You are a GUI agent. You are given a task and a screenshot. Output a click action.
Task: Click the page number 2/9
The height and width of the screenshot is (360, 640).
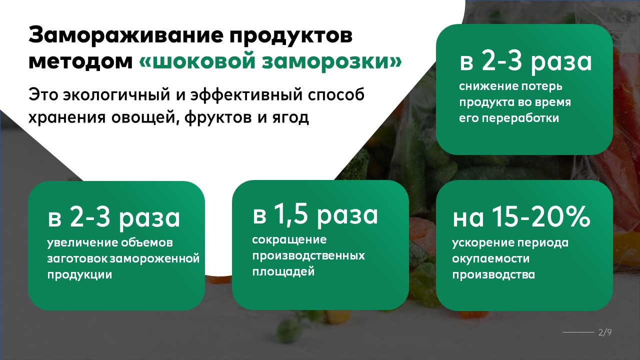pos(604,332)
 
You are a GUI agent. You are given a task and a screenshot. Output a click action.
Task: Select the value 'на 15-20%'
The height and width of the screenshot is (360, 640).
pos(522,218)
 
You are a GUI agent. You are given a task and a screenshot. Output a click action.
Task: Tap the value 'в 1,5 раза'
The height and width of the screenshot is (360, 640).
pos(315,214)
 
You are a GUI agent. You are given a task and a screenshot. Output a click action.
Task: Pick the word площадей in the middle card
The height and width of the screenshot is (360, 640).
pos(283,272)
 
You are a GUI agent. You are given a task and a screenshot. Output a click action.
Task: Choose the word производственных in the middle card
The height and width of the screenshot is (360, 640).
pos(308,256)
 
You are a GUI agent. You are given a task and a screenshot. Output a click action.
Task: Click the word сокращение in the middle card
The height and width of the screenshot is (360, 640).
pos(289,240)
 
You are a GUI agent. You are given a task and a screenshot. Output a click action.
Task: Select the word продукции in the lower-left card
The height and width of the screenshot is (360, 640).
pos(79,275)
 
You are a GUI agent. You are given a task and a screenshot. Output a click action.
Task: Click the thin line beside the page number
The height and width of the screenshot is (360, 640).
pos(577,332)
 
